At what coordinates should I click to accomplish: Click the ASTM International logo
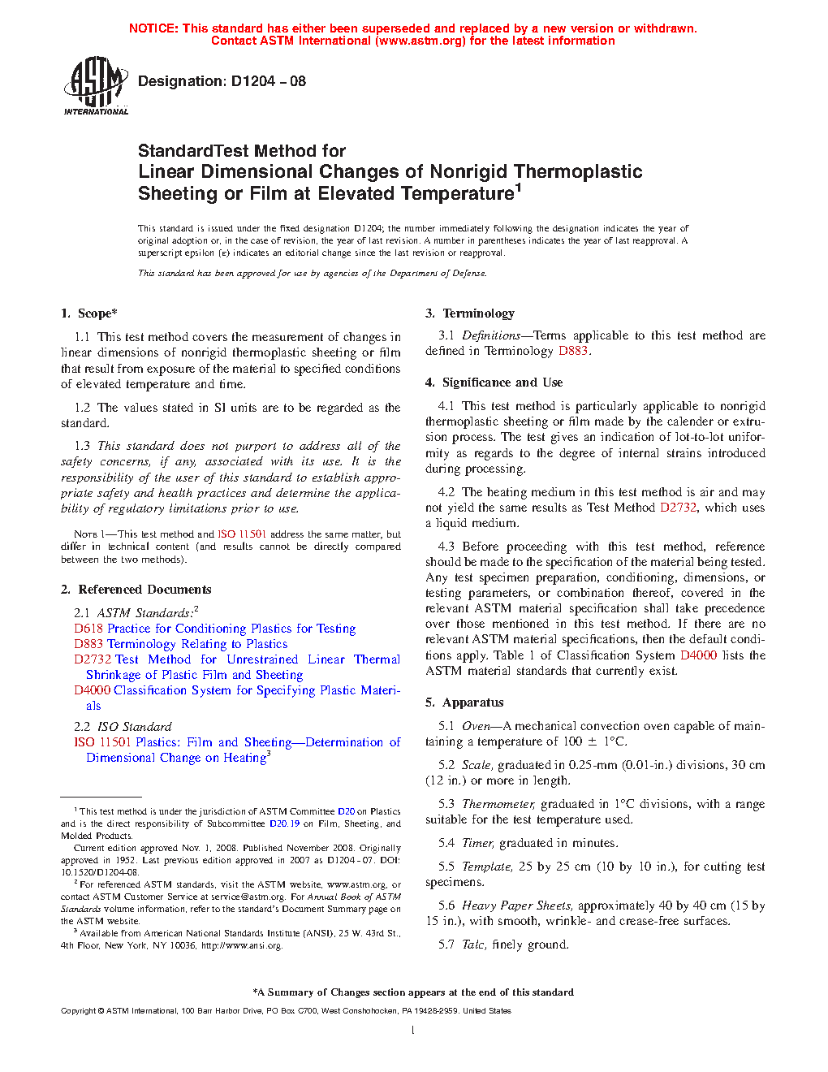(x=95, y=85)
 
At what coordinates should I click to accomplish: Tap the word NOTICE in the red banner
(x=153, y=28)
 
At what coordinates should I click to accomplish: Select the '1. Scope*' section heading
(x=88, y=313)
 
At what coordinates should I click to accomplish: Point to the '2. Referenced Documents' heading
(x=136, y=590)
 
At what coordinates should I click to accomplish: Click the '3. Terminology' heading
(x=470, y=313)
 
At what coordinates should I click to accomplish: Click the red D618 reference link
(x=88, y=629)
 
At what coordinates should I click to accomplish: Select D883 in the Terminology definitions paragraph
(x=573, y=351)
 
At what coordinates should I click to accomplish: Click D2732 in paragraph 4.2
(x=678, y=508)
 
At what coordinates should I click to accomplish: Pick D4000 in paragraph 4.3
(x=698, y=655)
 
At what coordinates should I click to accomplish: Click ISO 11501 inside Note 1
(x=241, y=534)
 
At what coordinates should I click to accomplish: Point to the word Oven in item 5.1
(x=477, y=726)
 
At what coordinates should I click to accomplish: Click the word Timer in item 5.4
(x=477, y=843)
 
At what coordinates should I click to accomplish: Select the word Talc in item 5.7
(x=474, y=944)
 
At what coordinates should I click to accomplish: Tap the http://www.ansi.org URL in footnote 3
(x=241, y=945)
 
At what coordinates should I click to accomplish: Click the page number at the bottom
(x=413, y=1031)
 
